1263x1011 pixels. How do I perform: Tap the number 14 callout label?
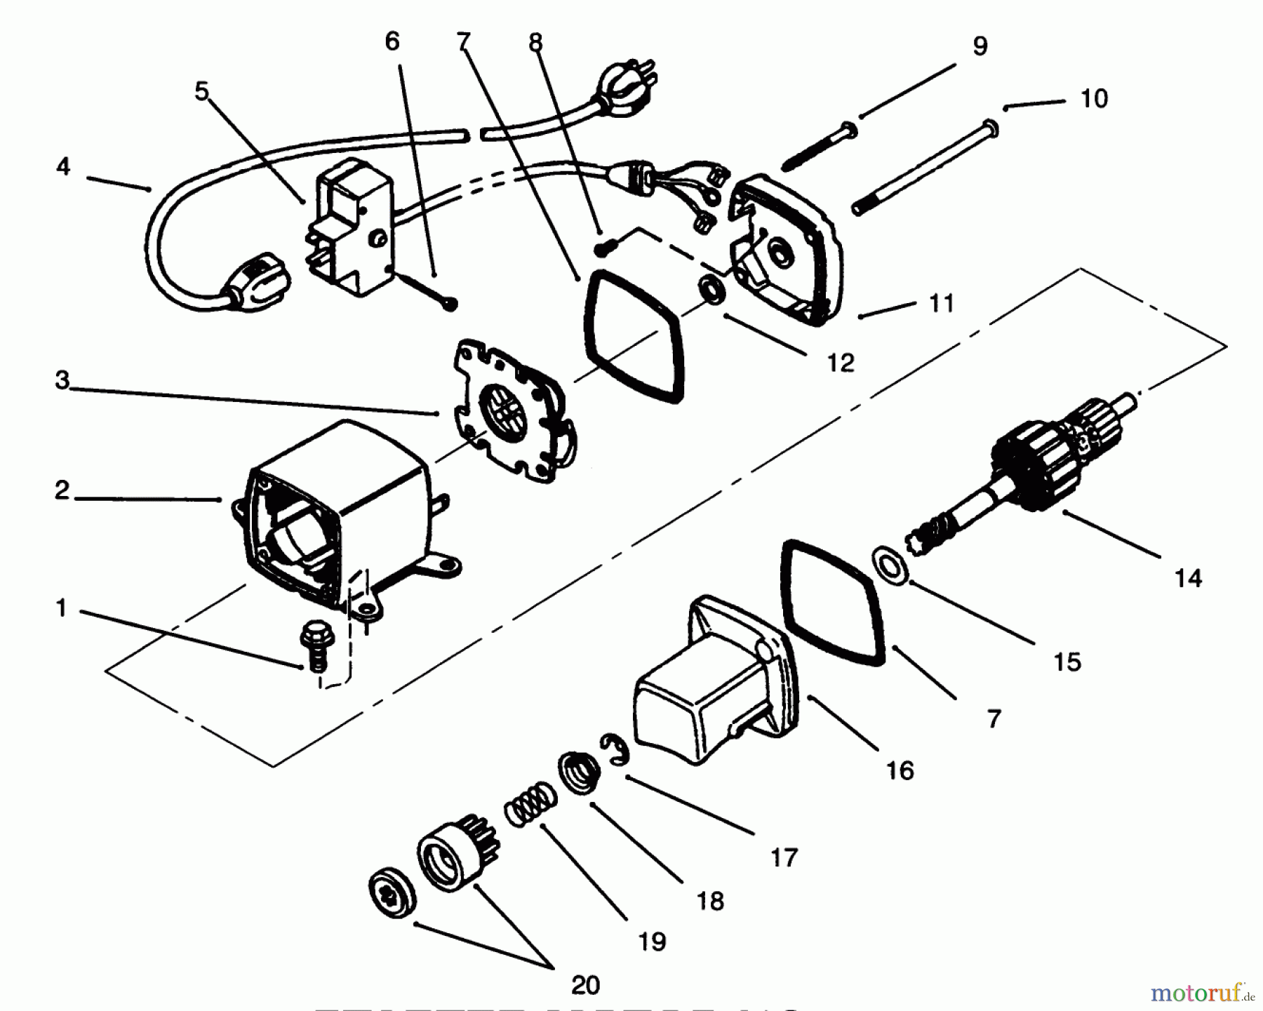pos(1188,579)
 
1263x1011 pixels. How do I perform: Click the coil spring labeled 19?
pos(530,803)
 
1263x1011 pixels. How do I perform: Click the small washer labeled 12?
pos(714,289)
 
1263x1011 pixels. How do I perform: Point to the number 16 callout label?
pos(900,771)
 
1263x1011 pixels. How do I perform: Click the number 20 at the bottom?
pos(584,985)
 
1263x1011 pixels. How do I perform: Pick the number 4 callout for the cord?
pos(63,167)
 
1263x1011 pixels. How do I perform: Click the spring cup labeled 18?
pos(580,772)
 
